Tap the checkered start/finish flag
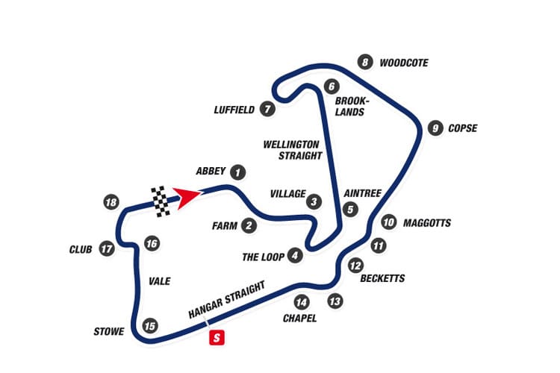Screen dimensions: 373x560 [x=161, y=201]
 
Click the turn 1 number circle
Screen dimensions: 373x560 [x=237, y=172]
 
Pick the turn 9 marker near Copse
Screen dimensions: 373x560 [x=435, y=128]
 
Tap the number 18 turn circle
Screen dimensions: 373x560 [x=111, y=202]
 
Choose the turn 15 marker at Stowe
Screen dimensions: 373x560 [x=151, y=325]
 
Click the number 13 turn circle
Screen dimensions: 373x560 [x=335, y=301]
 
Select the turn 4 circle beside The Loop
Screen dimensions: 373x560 [x=296, y=256]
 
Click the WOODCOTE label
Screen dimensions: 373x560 [x=403, y=63]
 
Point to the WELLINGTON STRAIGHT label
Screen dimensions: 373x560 [x=292, y=149]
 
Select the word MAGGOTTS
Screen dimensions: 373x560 [x=426, y=222]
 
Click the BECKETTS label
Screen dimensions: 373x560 [x=382, y=278]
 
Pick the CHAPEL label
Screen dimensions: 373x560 [x=300, y=319]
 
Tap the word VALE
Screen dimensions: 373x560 [x=160, y=281]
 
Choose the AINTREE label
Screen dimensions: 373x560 [x=362, y=193]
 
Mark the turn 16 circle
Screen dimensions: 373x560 [x=152, y=243]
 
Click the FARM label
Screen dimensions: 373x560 [x=224, y=225]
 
